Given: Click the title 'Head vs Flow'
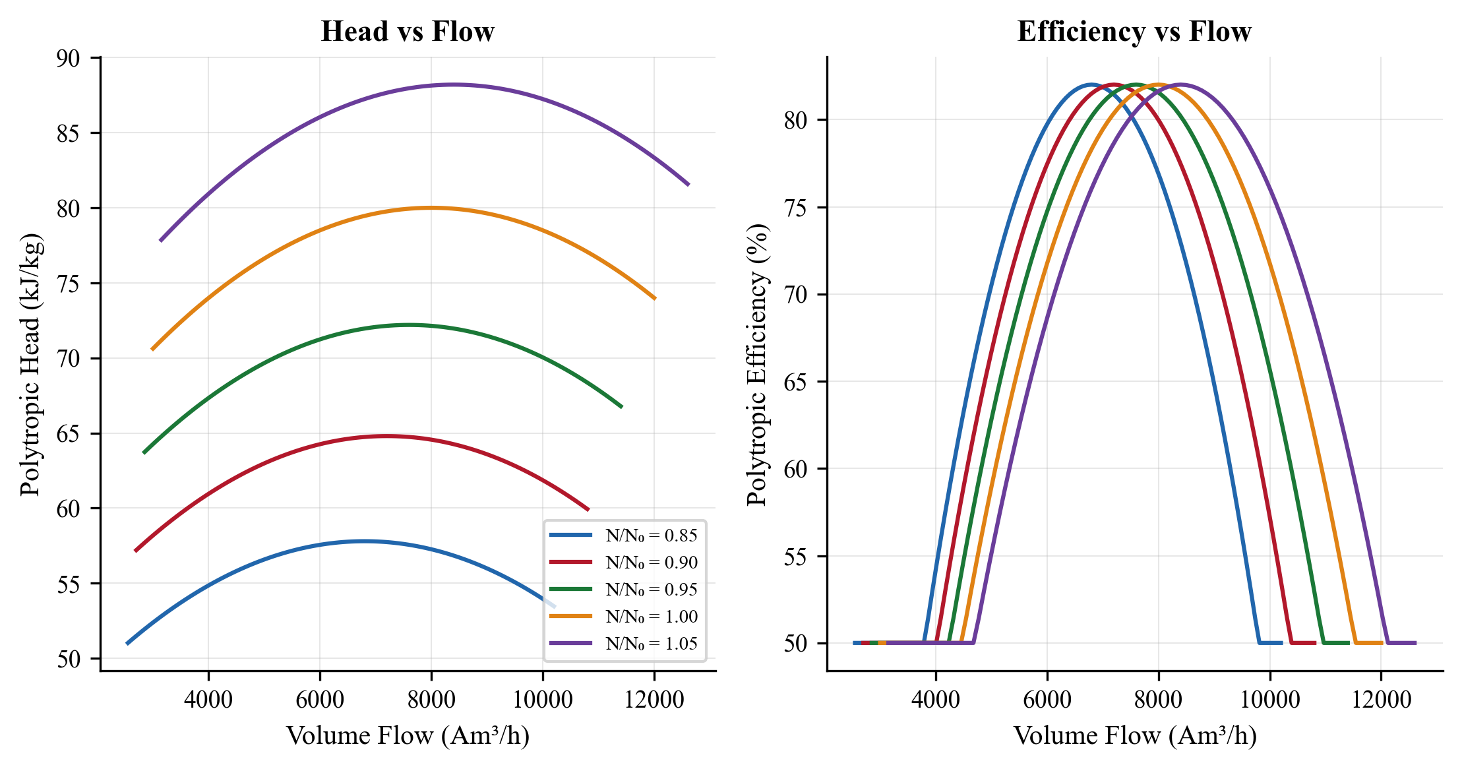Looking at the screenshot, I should click(x=407, y=32).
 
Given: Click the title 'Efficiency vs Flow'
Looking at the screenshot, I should click(x=1134, y=32).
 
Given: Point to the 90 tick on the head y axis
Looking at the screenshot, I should click(x=68, y=59).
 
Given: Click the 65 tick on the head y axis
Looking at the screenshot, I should click(x=68, y=434).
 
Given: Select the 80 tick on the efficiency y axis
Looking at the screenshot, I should click(x=795, y=121).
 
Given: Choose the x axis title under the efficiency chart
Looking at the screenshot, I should click(x=1134, y=736).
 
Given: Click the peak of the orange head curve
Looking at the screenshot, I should click(x=431, y=208).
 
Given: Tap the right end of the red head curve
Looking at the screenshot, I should click(x=588, y=510).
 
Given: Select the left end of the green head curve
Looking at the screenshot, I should click(x=144, y=453).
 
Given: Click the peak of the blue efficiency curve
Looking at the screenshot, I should click(x=1091, y=84).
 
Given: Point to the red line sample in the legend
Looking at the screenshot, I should click(x=570, y=563).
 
